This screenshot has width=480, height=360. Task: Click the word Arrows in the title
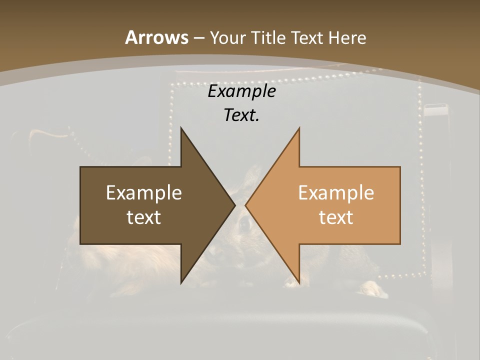156,37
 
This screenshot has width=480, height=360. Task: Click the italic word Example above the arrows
242,91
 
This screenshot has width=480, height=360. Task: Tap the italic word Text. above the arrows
242,115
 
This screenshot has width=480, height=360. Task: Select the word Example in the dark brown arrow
143,193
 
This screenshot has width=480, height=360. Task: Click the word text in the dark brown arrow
143,217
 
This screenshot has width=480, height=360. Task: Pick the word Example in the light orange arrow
336,193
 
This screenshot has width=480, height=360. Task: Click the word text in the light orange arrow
336,217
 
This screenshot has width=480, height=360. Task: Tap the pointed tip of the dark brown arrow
235,205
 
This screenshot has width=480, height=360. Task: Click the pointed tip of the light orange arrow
245,205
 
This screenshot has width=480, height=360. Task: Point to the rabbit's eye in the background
245,225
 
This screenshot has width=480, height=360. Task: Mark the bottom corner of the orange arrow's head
299,283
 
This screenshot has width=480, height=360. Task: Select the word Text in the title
307,37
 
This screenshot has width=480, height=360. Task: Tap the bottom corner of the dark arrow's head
181,283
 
